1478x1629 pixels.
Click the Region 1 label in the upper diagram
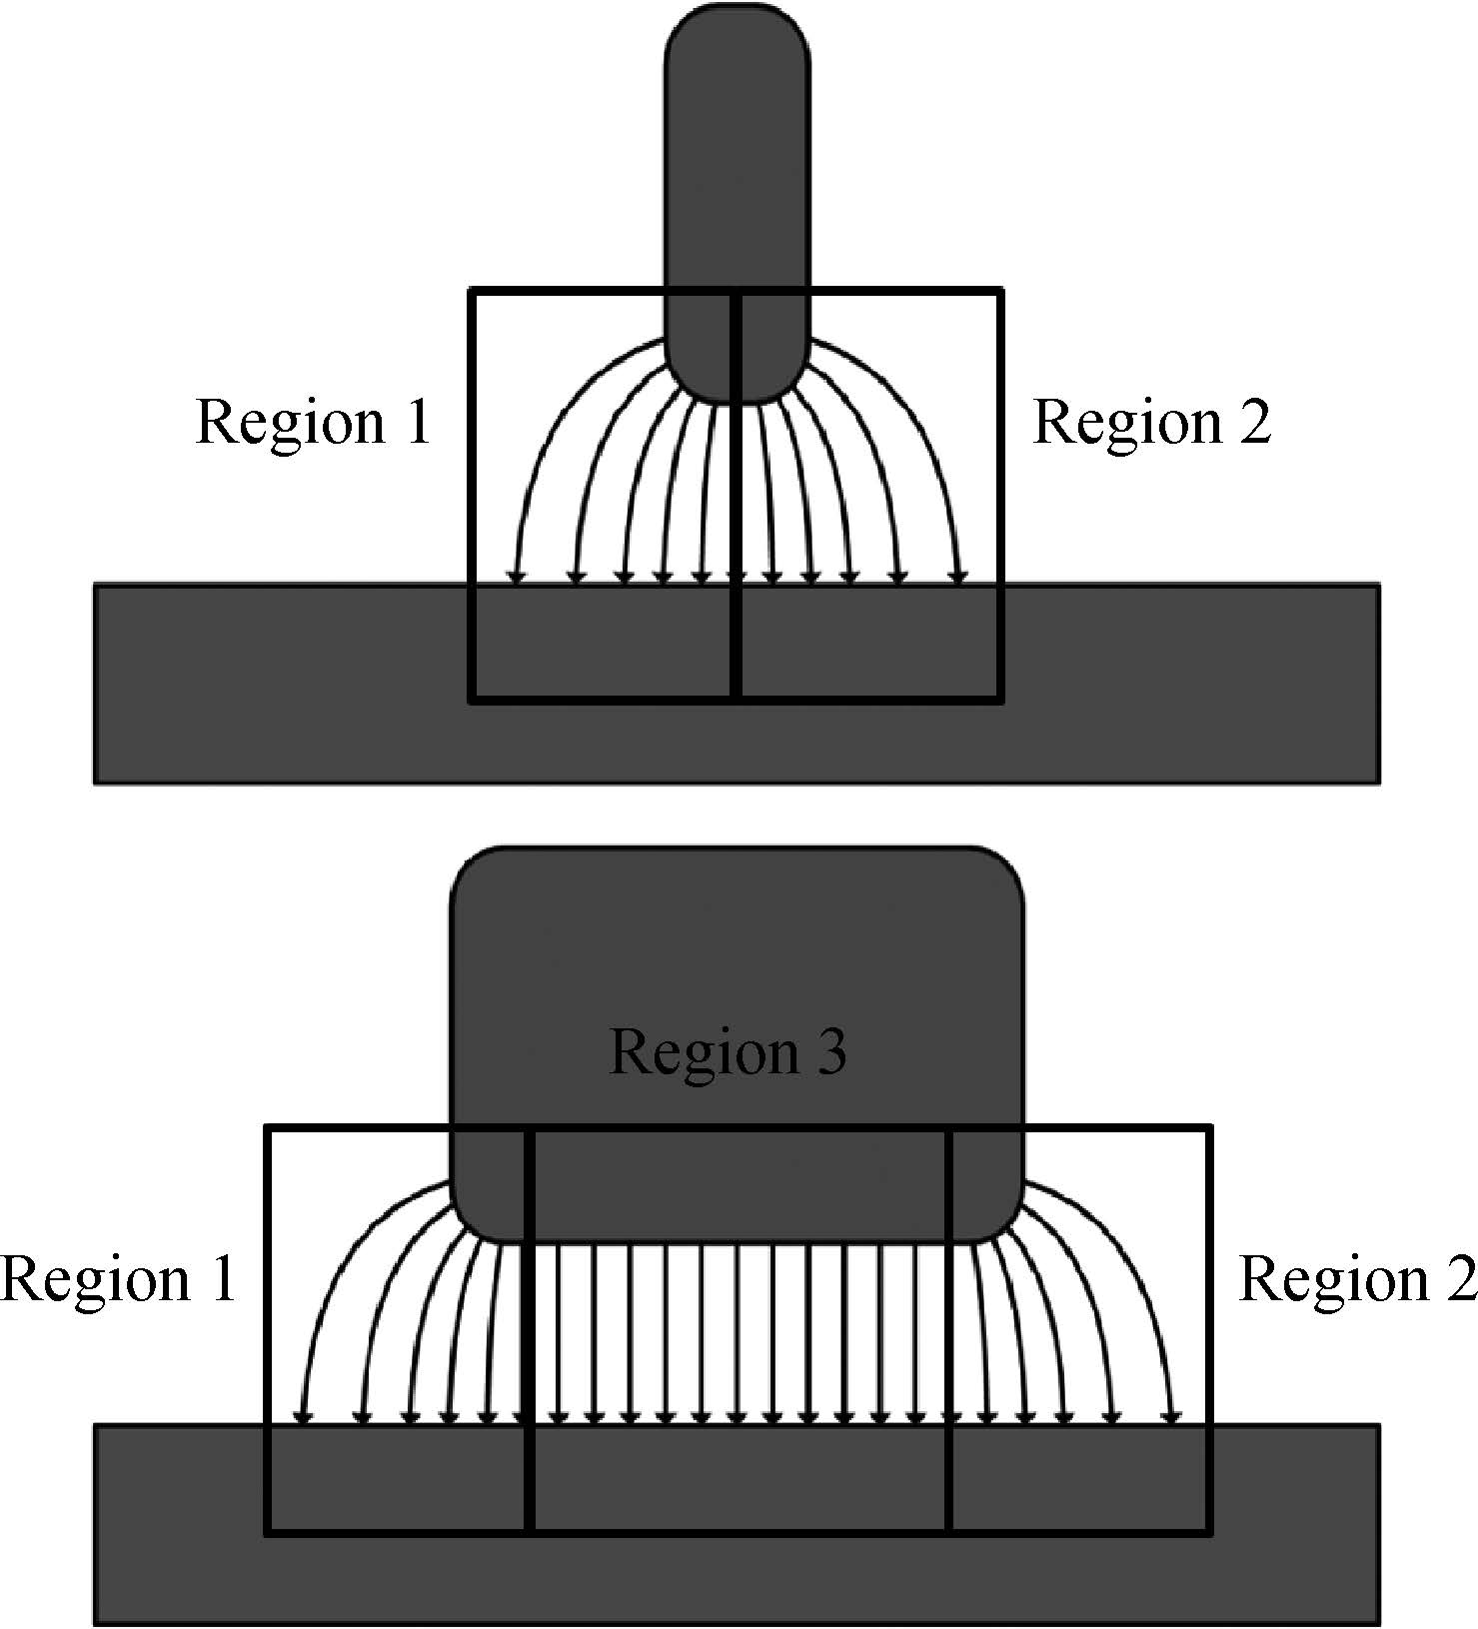[x=313, y=422]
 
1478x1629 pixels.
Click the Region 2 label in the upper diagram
[x=1151, y=422]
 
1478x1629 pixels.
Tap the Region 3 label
[x=728, y=1052]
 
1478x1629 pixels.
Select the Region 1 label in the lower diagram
[x=118, y=1279]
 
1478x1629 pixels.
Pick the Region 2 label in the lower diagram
[x=1358, y=1279]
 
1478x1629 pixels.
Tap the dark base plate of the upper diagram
[x=738, y=684]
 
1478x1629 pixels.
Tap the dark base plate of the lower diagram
[x=738, y=1524]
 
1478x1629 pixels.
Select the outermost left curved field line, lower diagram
[x=335, y=1259]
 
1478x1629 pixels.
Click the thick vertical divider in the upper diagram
[x=737, y=496]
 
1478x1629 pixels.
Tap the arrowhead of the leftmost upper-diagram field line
[x=516, y=576]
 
